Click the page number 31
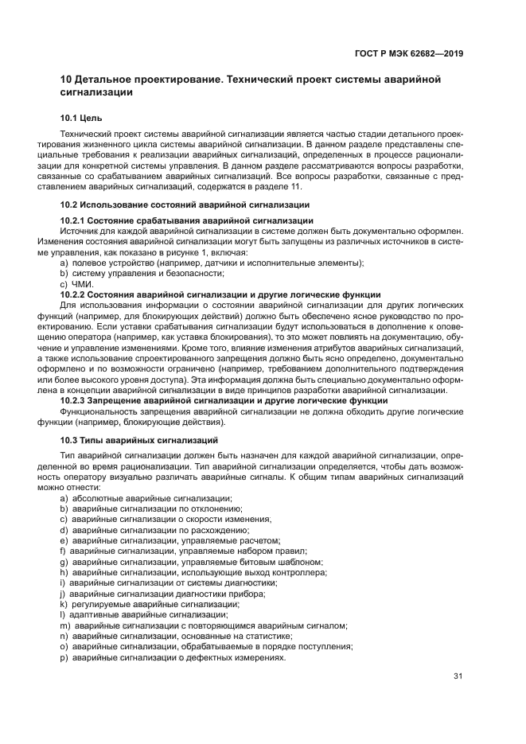(x=458, y=676)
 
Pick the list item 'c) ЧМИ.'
(x=76, y=284)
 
